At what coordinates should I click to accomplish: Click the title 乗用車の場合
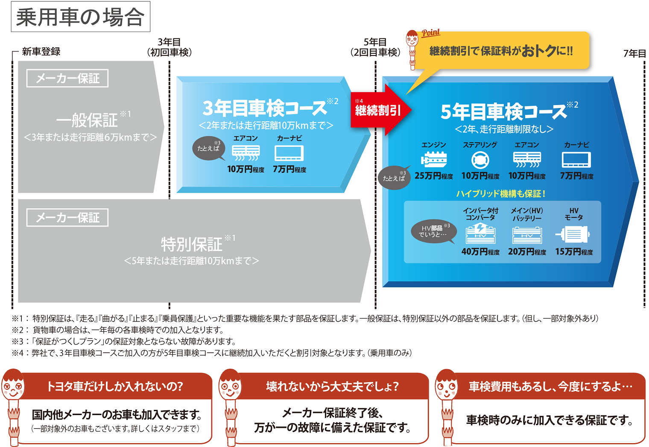80,17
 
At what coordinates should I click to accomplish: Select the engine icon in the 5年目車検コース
434,160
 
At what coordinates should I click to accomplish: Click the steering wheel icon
480,160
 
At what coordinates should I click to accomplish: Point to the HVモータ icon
573,234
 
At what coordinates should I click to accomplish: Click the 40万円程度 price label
480,252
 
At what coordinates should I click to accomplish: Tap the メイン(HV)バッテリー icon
527,235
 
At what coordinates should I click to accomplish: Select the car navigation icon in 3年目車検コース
289,153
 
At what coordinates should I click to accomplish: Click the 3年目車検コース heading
265,108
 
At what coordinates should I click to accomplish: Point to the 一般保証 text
87,120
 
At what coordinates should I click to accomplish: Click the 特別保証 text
192,244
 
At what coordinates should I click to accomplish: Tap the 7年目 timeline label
634,53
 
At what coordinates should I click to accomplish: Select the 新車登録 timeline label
41,52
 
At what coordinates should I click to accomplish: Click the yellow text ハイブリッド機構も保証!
500,193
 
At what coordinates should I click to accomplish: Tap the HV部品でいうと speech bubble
433,231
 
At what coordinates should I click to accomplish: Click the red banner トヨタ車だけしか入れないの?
115,386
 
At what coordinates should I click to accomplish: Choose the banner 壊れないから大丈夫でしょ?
332,386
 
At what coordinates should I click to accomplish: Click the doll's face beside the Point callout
412,40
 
